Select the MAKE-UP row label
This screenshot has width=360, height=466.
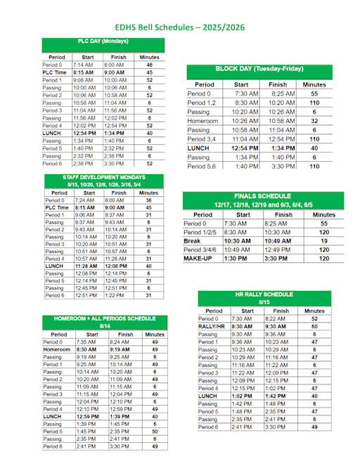[198, 259]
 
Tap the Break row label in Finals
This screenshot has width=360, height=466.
[193, 240]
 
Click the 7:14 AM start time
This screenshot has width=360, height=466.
[82, 64]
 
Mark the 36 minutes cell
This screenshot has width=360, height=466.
[148, 200]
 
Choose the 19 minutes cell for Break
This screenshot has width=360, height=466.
[323, 240]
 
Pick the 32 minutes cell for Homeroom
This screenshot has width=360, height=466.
[314, 121]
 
